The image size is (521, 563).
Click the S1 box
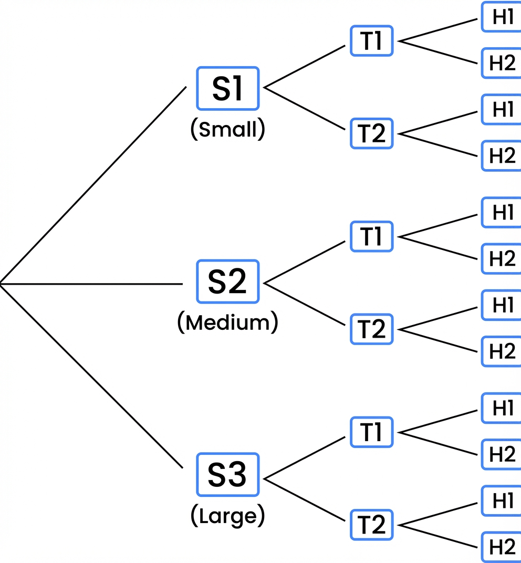pos(227,88)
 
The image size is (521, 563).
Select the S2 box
pos(227,281)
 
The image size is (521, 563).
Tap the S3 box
pos(227,475)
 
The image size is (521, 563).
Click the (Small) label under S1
pos(227,129)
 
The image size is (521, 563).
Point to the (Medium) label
pos(227,322)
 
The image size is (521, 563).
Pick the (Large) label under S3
pos(227,516)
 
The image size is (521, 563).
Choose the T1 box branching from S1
pos(371,41)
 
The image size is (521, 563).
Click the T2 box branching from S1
pos(371,133)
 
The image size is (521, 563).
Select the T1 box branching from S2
pos(371,236)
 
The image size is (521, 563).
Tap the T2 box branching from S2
pos(371,329)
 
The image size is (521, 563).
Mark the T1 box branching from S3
pos(371,432)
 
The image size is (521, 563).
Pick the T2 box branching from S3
pos(371,524)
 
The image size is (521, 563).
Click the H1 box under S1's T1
pos(502,17)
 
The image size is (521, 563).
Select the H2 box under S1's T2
pos(502,155)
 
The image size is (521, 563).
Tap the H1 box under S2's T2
pos(502,305)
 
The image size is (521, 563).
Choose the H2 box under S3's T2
pos(502,547)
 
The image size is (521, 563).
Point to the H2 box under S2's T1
pos(502,258)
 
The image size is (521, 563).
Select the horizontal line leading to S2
pos(92,284)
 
